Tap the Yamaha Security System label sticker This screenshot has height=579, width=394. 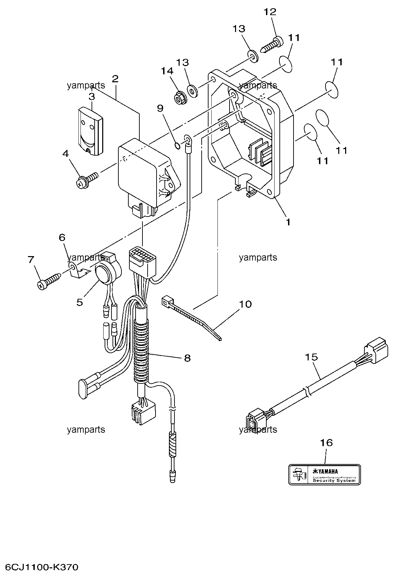324,475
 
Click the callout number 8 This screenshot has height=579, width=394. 187,358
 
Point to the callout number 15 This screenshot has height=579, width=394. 311,357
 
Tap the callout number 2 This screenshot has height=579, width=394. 115,79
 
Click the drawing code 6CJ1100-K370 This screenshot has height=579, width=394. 42,567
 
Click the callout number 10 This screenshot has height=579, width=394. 245,304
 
